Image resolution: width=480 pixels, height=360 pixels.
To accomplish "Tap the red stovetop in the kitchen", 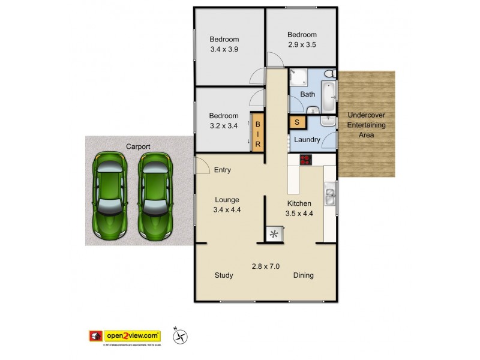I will coord(306,160).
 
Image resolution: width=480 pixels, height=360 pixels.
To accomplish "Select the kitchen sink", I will coord(330,194).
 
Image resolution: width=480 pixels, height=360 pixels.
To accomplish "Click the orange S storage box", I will coord(296,122).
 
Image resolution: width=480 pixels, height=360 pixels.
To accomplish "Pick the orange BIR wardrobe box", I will coord(257,133).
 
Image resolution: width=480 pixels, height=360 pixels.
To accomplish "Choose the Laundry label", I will coord(307,140).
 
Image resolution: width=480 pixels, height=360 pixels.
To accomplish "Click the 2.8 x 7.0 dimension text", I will coord(265,266).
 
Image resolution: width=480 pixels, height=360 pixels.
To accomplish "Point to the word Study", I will coord(224,275).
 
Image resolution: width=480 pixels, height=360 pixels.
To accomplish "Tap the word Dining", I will coord(303,275).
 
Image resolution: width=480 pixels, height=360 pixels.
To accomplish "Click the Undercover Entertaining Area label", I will coord(367,124).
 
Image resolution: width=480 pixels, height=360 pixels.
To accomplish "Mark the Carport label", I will coord(137,146).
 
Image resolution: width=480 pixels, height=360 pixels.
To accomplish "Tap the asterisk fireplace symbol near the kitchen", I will coord(274,234).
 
